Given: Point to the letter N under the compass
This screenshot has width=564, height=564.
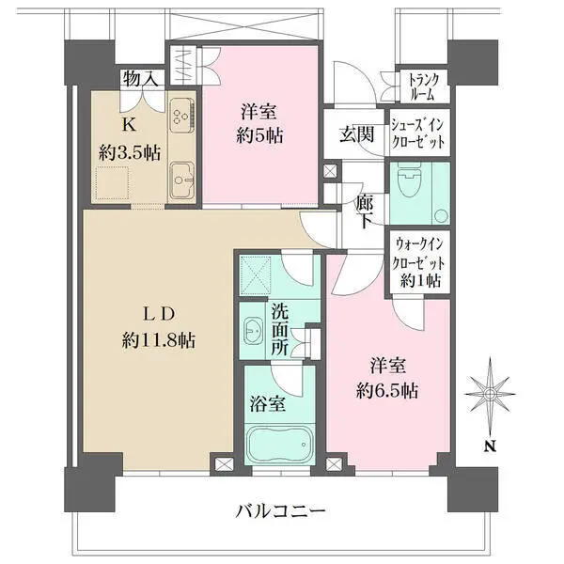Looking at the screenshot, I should (490, 447).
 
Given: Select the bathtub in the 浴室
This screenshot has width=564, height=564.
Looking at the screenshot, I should (276, 441).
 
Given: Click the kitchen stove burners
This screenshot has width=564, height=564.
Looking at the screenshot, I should (181, 119).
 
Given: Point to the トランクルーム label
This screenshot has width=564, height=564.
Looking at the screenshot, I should (418, 86).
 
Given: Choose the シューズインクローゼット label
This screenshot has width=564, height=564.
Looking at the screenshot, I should (418, 133).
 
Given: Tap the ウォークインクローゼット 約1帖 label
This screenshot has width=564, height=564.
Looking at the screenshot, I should (419, 261).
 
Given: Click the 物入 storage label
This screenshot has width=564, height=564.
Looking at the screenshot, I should (140, 80).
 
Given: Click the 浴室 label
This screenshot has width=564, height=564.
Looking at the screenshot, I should (268, 404).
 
